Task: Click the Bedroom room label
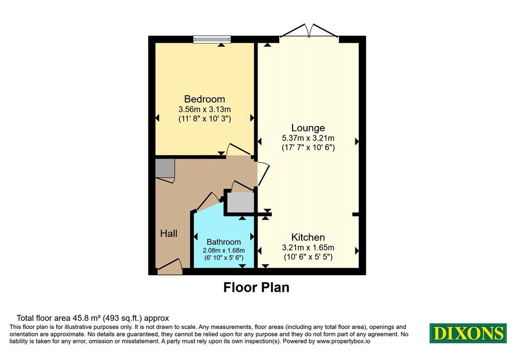pos(205,99)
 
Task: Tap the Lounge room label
pos(308,128)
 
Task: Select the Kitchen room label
pos(308,237)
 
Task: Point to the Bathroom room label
pos(224,242)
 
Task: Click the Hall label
pos(169,233)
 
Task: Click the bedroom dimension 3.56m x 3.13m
pos(205,109)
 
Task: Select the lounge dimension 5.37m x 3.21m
pos(308,138)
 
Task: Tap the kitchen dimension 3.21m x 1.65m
pos(308,248)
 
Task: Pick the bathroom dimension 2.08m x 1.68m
pos(224,251)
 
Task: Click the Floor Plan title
pos(256,287)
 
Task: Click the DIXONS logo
pos(468,333)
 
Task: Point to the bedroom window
pos(212,40)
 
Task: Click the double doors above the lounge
pos(309,30)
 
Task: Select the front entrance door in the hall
pos(170,266)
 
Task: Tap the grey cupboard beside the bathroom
pos(241,203)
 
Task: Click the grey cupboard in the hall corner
pos(165,168)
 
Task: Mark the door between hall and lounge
pos(263,174)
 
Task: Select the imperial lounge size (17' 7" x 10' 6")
pos(308,148)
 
